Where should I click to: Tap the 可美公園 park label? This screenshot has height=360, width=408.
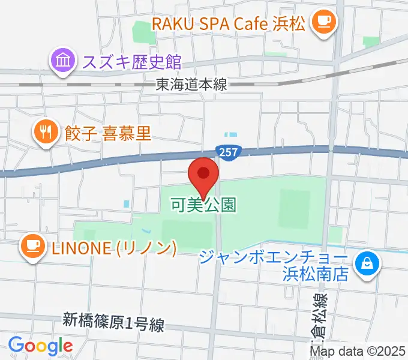click(x=203, y=205)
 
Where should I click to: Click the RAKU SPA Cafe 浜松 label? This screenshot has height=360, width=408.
click(x=229, y=25)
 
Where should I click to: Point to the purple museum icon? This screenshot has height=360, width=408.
click(x=63, y=61)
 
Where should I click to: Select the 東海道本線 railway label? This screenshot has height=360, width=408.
click(x=191, y=85)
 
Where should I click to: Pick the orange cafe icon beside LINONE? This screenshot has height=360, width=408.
click(x=31, y=246)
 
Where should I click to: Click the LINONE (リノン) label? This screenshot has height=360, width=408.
click(x=113, y=247)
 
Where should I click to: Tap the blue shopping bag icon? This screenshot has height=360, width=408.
click(x=366, y=263)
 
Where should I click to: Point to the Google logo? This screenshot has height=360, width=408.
click(x=40, y=346)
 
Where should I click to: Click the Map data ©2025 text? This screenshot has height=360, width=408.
click(x=358, y=351)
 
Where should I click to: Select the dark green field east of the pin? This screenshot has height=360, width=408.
click(x=294, y=206)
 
